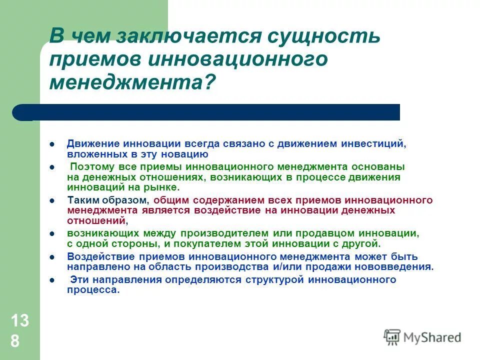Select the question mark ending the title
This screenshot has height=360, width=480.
[x=209, y=81]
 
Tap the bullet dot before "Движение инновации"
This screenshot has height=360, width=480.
[x=52, y=144]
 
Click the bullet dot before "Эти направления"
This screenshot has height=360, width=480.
[x=52, y=279]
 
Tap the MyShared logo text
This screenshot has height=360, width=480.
[x=433, y=337]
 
